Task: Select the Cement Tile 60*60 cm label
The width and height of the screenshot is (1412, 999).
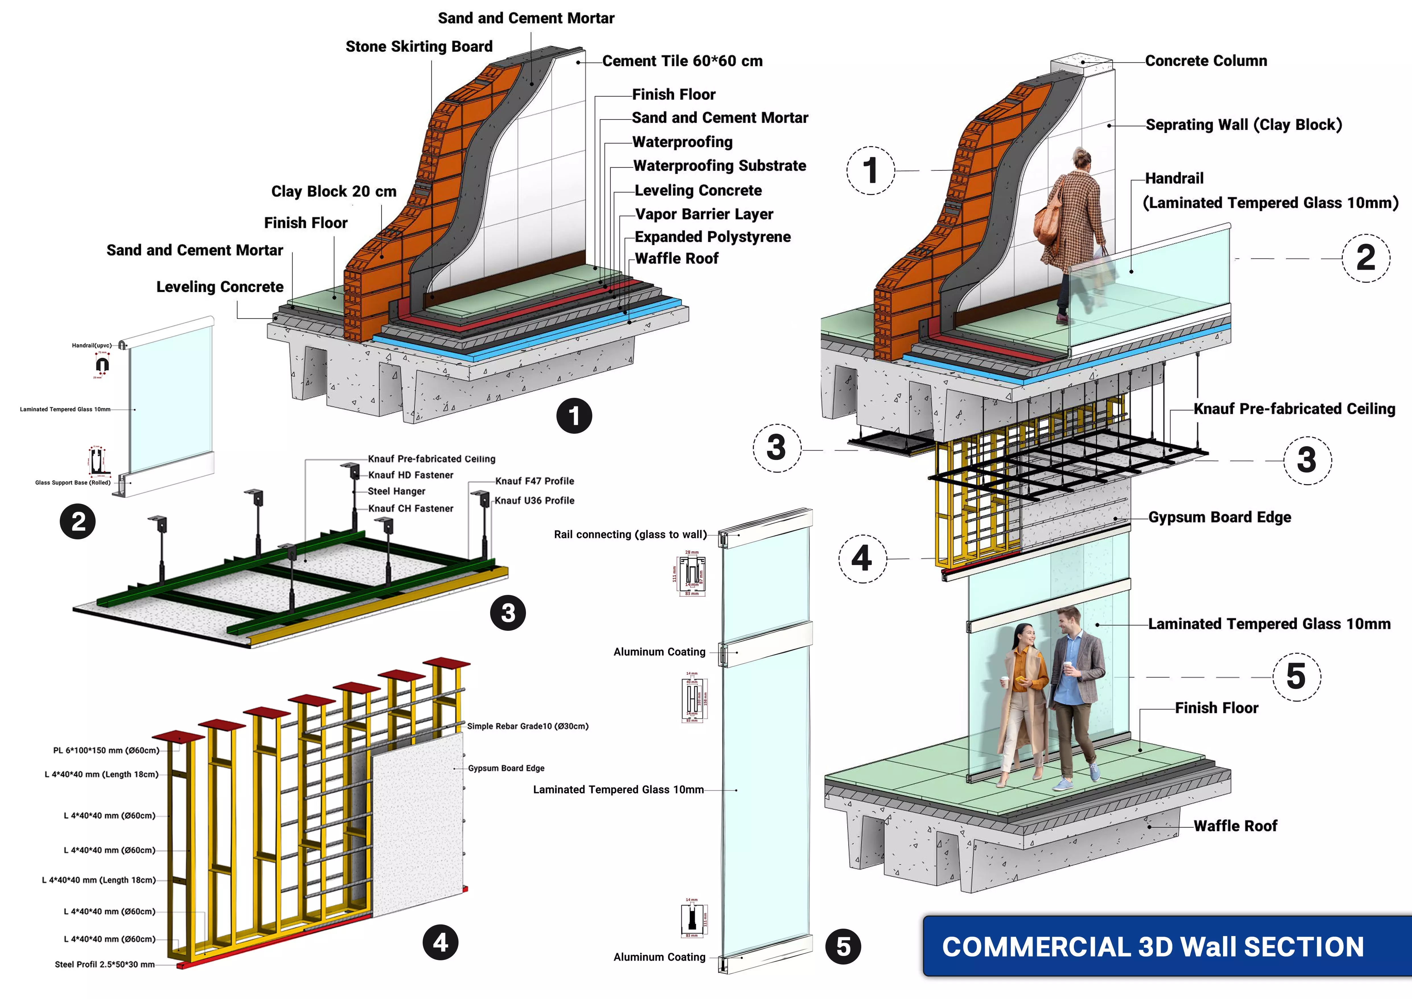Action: [682, 61]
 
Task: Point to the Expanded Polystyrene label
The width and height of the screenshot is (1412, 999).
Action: [712, 237]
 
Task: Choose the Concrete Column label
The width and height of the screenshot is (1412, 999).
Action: [1205, 61]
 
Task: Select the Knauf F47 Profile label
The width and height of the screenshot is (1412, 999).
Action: [535, 481]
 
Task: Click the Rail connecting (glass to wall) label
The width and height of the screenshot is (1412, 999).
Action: [630, 535]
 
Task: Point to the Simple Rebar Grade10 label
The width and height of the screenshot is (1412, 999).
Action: [527, 726]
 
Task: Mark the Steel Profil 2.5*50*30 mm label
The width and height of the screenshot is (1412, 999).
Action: [104, 965]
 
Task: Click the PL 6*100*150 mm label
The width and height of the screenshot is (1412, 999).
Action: [106, 750]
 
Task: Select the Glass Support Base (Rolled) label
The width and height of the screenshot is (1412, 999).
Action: [73, 483]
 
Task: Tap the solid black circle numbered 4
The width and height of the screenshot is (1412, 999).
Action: [440, 942]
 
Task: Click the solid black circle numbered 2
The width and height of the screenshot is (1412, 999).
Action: [77, 522]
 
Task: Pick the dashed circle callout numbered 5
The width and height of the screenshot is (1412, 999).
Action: [1296, 677]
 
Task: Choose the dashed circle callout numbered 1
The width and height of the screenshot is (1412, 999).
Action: [870, 170]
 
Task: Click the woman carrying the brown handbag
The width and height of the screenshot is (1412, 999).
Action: [1073, 234]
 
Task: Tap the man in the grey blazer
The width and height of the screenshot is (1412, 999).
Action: [1076, 692]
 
